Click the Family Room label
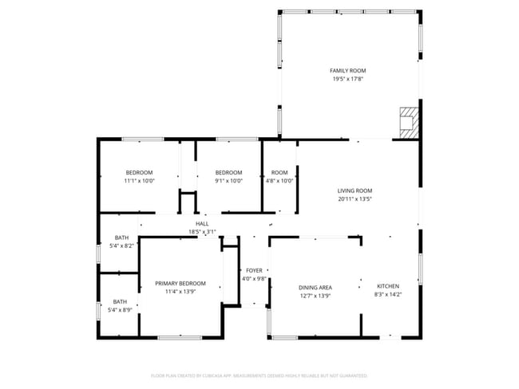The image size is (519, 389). (348, 71)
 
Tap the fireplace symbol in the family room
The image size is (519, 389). (409, 122)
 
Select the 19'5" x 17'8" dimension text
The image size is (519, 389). (348, 79)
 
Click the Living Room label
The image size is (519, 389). (355, 191)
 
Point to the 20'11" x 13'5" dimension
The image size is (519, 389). (355, 198)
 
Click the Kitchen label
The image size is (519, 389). (388, 287)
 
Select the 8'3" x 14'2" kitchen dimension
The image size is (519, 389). (388, 295)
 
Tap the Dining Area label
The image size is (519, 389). (315, 288)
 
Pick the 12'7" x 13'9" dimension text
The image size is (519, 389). (315, 296)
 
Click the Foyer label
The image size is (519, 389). (254, 270)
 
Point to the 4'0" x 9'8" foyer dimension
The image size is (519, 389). (254, 278)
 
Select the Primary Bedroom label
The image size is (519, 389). (180, 284)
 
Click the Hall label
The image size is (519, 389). (202, 224)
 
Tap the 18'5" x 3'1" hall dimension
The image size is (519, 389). (202, 232)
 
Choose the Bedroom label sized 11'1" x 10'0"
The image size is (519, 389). (139, 173)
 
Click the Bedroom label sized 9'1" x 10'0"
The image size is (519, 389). (228, 173)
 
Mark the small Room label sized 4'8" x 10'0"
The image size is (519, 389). (279, 173)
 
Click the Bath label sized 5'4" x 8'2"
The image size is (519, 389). (121, 238)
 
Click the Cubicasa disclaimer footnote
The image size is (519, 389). (259, 375)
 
